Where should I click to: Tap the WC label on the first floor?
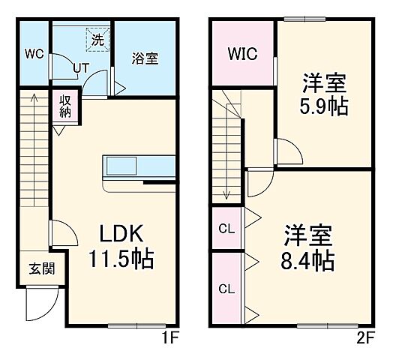pos(32,54)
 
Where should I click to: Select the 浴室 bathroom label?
pos(145,58)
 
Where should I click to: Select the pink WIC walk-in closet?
pos(242,54)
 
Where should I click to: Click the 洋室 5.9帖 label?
pos(325,94)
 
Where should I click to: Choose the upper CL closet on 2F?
pos(226,228)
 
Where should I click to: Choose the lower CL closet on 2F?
pos(226,287)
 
